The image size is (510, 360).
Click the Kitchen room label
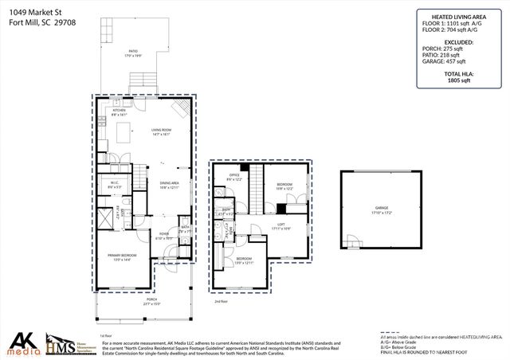(119, 112)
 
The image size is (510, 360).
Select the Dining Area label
(169, 185)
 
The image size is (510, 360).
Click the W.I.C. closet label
(114, 186)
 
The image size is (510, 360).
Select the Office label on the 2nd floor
(234, 177)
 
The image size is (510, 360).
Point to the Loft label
(280, 225)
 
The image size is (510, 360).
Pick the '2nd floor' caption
(221, 301)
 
